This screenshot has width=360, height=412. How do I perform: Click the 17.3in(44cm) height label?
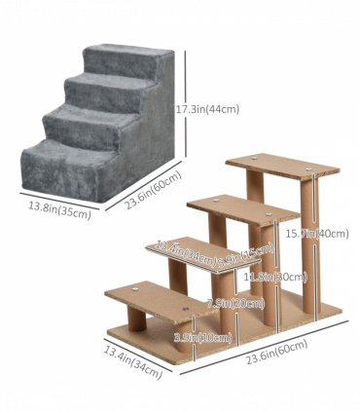pos(206,108)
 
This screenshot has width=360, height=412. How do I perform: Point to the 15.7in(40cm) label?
pos(315,233)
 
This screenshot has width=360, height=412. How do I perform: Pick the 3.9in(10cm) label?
pos(201,337)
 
